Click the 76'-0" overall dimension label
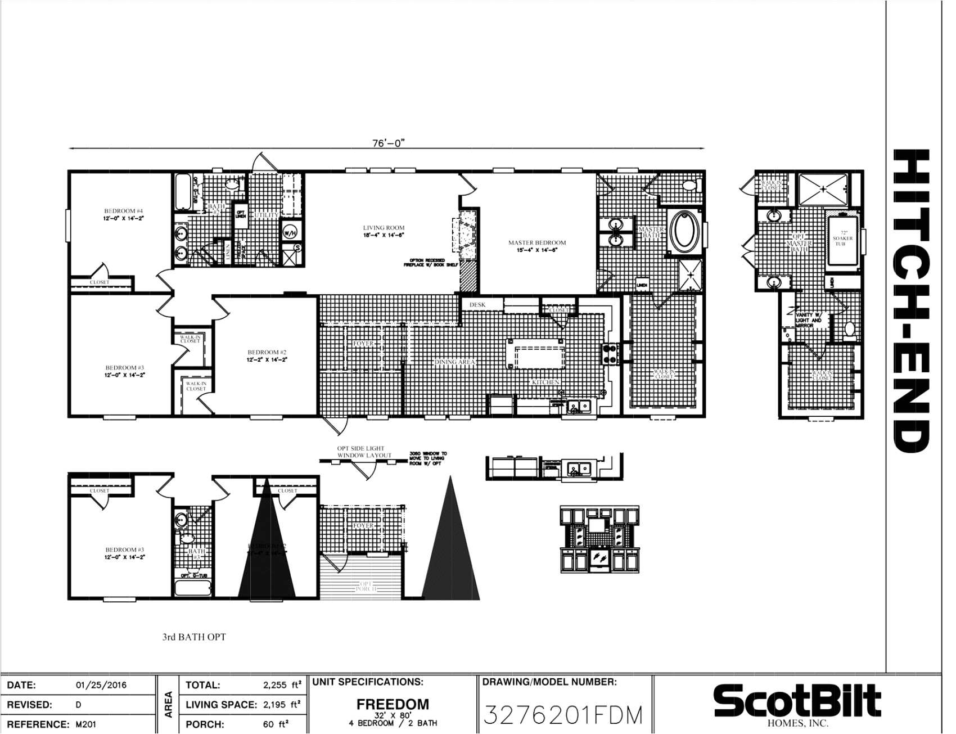pos(388,143)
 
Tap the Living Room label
pos(384,231)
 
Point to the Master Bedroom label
pos(536,246)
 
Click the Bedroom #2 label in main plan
pos(264,355)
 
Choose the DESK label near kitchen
pos(477,305)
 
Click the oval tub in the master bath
pos(683,231)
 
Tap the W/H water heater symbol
pos(290,232)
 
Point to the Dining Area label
pos(455,363)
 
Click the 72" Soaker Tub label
pos(842,238)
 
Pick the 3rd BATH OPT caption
pos(194,637)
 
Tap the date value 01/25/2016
pos(101,685)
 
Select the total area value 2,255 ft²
pos(282,685)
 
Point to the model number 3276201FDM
pos(562,715)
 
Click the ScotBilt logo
pos(797,703)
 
